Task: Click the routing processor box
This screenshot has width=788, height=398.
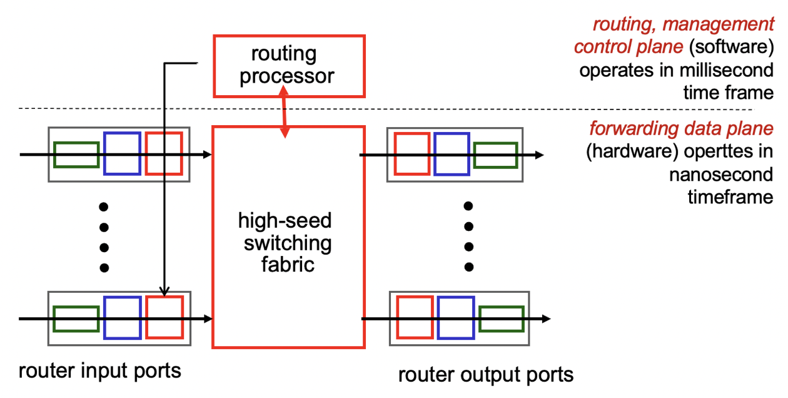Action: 288,66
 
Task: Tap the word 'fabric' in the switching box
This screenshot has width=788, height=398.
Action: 288,265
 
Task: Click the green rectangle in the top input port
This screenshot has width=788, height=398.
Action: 76,155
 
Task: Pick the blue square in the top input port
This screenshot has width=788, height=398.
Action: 122,153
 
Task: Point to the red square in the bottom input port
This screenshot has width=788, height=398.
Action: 164,317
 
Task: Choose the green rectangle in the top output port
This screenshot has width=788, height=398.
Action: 495,155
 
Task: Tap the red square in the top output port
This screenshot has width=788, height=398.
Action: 412,153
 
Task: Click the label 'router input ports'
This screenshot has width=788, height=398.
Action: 100,370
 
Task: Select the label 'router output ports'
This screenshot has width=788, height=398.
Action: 486,374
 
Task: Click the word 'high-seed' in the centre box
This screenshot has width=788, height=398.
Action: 285,221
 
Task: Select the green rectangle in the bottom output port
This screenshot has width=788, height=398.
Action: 501,318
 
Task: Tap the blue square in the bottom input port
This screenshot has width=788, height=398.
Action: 122,317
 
